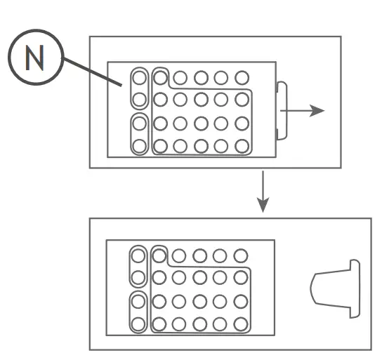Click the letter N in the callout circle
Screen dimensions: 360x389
click(x=34, y=58)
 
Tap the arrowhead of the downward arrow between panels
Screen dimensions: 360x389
click(x=263, y=205)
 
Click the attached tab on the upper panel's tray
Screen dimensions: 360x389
click(x=282, y=110)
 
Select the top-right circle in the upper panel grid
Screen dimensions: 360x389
click(x=242, y=77)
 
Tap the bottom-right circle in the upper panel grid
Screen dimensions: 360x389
click(x=242, y=146)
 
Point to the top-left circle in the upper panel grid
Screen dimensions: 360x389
click(x=140, y=77)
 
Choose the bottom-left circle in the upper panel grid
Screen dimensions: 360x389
click(x=140, y=146)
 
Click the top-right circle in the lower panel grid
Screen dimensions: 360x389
click(x=241, y=255)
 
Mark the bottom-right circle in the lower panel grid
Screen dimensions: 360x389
click(x=241, y=324)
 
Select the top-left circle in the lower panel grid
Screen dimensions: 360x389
click(x=138, y=255)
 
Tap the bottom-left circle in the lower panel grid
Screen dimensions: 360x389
click(x=138, y=324)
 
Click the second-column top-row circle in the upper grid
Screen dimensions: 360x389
click(x=160, y=77)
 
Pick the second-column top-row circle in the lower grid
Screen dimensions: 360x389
click(x=159, y=255)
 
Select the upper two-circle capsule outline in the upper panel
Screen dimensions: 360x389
click(x=140, y=88)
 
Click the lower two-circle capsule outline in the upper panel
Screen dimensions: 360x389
click(x=140, y=135)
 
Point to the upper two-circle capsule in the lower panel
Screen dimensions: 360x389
click(x=138, y=267)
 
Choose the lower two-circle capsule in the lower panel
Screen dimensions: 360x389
click(x=138, y=313)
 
